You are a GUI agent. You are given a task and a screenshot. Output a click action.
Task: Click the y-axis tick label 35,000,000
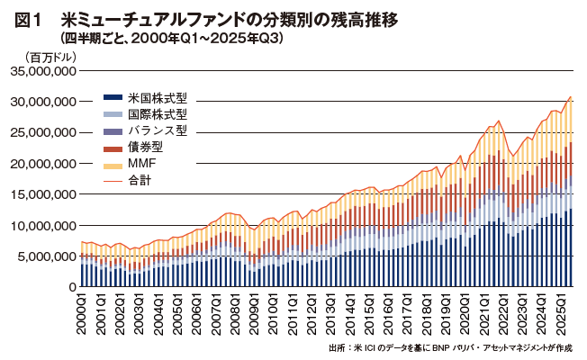pyautogui.click(x=42, y=70)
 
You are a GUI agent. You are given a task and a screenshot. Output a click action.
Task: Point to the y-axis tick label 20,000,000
pyautogui.click(x=42, y=163)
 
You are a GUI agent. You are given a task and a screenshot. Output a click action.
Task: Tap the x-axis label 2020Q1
pyautogui.click(x=465, y=311)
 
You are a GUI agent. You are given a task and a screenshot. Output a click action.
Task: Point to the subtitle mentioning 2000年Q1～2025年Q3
pyautogui.click(x=171, y=39)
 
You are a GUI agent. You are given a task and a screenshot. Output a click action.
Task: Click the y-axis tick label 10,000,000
pyautogui.click(x=42, y=225)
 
